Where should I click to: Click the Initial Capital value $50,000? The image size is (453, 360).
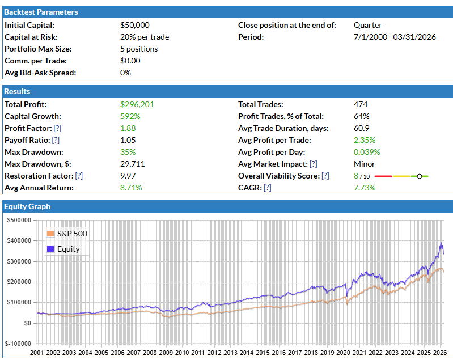pyautogui.click(x=135, y=25)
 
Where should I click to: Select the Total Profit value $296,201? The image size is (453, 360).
pyautogui.click(x=137, y=104)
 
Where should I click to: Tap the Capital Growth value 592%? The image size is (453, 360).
pyautogui.click(x=130, y=116)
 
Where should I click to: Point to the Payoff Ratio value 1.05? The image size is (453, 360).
pyautogui.click(x=128, y=140)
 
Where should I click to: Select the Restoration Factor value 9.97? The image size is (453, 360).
pyautogui.click(x=128, y=176)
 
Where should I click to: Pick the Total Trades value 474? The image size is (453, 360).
pyautogui.click(x=361, y=104)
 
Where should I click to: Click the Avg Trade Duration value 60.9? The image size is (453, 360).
pyautogui.click(x=361, y=128)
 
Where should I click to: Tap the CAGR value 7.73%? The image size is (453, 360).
pyautogui.click(x=365, y=188)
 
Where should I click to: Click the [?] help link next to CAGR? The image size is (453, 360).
pyautogui.click(x=267, y=188)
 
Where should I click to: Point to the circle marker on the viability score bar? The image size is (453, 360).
pyautogui.click(x=419, y=176)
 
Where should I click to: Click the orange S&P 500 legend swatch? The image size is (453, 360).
pyautogui.click(x=51, y=234)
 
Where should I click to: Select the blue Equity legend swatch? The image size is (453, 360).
pyautogui.click(x=51, y=249)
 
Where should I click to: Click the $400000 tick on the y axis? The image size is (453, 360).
pyautogui.click(x=19, y=241)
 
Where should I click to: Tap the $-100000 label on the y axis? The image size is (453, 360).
pyautogui.click(x=18, y=344)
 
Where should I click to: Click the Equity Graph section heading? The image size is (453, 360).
pyautogui.click(x=27, y=206)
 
